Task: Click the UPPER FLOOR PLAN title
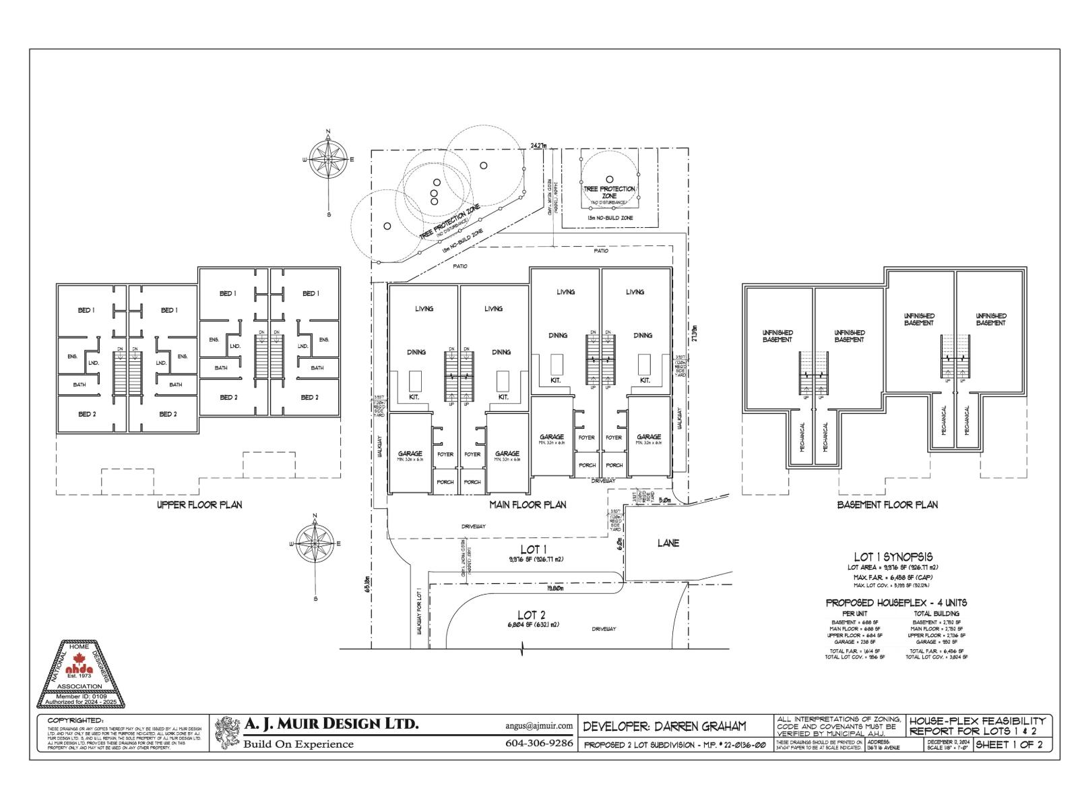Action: point(199,504)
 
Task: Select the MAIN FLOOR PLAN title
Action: point(527,504)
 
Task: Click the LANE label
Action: point(668,543)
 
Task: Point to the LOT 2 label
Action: point(531,615)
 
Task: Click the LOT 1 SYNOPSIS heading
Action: point(893,557)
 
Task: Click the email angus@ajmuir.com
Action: point(538,726)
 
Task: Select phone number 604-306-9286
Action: point(538,744)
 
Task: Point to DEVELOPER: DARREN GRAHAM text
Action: point(664,727)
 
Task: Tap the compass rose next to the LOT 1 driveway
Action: point(314,543)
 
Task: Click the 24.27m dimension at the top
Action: point(539,145)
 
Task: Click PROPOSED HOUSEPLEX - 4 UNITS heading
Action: point(896,602)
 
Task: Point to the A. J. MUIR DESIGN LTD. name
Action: point(331,725)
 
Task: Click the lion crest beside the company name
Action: point(227,733)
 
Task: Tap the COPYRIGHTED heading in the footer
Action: point(75,721)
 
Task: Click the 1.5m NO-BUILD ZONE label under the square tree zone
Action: point(609,218)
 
